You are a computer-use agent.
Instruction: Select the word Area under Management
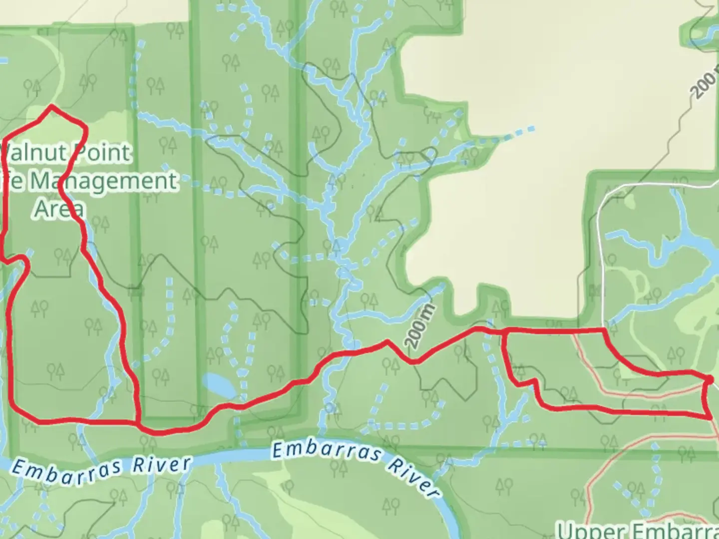pyautogui.click(x=59, y=209)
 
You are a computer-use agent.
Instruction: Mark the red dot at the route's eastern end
pyautogui.click(x=710, y=381)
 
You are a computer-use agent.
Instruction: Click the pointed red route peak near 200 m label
pyautogui.click(x=387, y=342)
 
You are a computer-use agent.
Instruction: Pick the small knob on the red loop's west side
pyautogui.click(x=20, y=259)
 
